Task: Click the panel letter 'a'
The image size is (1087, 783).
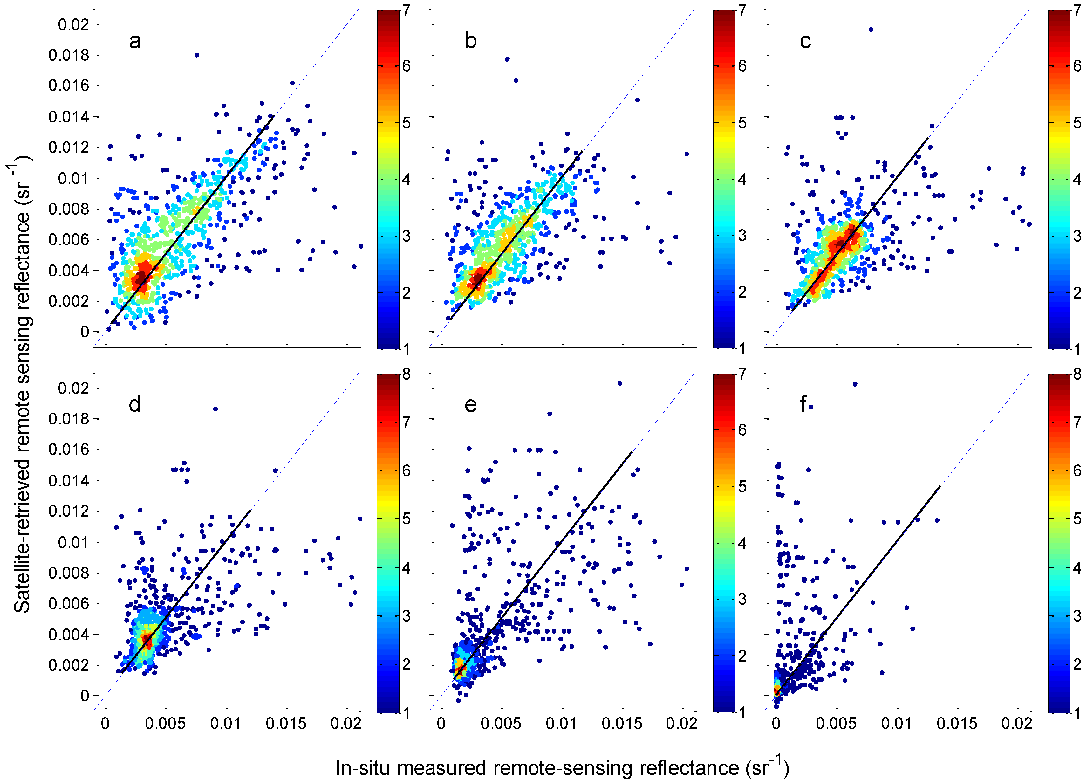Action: coord(135,41)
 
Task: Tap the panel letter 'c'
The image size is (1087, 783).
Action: coord(805,41)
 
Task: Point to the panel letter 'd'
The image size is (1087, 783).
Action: coord(135,405)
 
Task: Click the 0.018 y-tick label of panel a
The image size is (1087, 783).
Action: coord(69,55)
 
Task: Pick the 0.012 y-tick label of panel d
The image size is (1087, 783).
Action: coord(69,511)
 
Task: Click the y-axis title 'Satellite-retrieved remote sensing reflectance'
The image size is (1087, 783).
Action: coord(22,384)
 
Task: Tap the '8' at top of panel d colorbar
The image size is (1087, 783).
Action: coord(407,374)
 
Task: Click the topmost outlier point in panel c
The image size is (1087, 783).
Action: coord(871,30)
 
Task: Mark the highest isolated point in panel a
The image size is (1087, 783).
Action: coord(196,55)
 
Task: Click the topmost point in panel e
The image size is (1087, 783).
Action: coord(620,383)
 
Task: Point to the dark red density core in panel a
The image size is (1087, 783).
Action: coord(140,278)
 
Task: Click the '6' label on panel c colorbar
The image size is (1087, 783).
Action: coord(1077,66)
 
